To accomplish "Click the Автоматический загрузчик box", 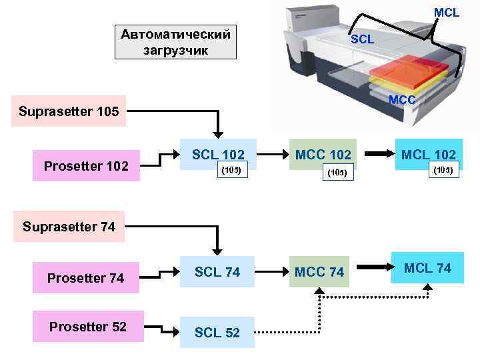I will pyautogui.click(x=175, y=42).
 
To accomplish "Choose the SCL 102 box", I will pyautogui.click(x=217, y=155).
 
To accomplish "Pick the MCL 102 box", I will pyautogui.click(x=428, y=155).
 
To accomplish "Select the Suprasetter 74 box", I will pyautogui.click(x=69, y=227).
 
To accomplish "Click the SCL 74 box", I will pyautogui.click(x=217, y=272).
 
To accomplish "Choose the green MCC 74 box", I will pyautogui.click(x=319, y=272).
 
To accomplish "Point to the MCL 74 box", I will pyautogui.click(x=428, y=268).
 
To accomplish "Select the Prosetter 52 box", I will pyautogui.click(x=88, y=327).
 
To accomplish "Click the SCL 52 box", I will pyautogui.click(x=217, y=333).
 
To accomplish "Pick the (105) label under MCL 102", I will pyautogui.click(x=443, y=169).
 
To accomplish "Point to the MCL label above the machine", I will pyautogui.click(x=447, y=13).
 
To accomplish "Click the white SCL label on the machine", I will pyautogui.click(x=362, y=39).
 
